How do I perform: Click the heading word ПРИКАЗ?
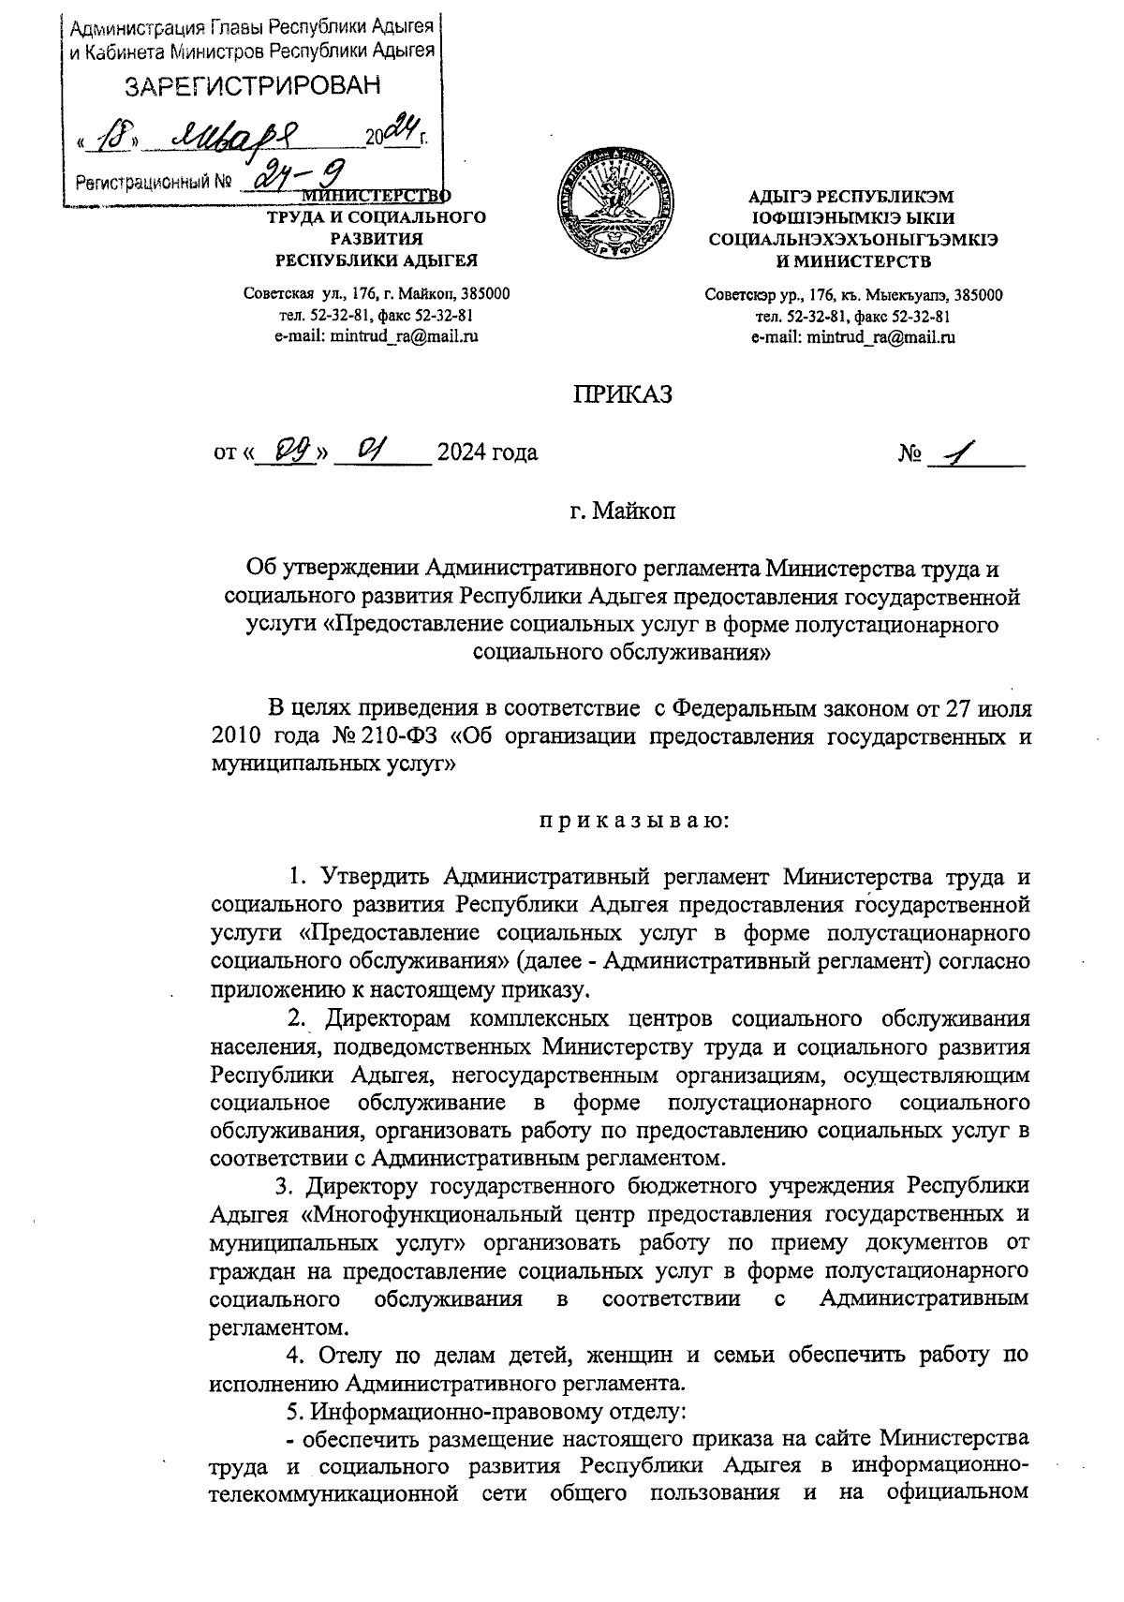point(623,395)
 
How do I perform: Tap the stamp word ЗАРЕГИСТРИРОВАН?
point(254,86)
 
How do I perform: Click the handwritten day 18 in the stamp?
point(117,136)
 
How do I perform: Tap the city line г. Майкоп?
point(622,512)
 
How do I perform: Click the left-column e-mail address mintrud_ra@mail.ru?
point(376,335)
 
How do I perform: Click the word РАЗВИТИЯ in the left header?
point(377,239)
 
